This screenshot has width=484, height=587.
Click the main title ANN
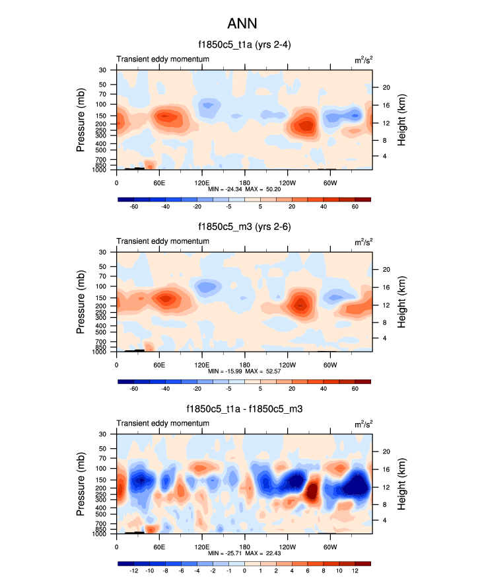(241, 24)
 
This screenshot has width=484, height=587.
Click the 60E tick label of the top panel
(159, 182)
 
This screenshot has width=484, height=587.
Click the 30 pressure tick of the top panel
(102, 70)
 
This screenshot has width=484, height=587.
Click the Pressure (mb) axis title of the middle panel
(81, 301)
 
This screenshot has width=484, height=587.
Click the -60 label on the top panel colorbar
(133, 207)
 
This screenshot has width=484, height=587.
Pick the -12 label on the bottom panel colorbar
(133, 571)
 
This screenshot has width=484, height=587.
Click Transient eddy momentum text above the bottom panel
(163, 423)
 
